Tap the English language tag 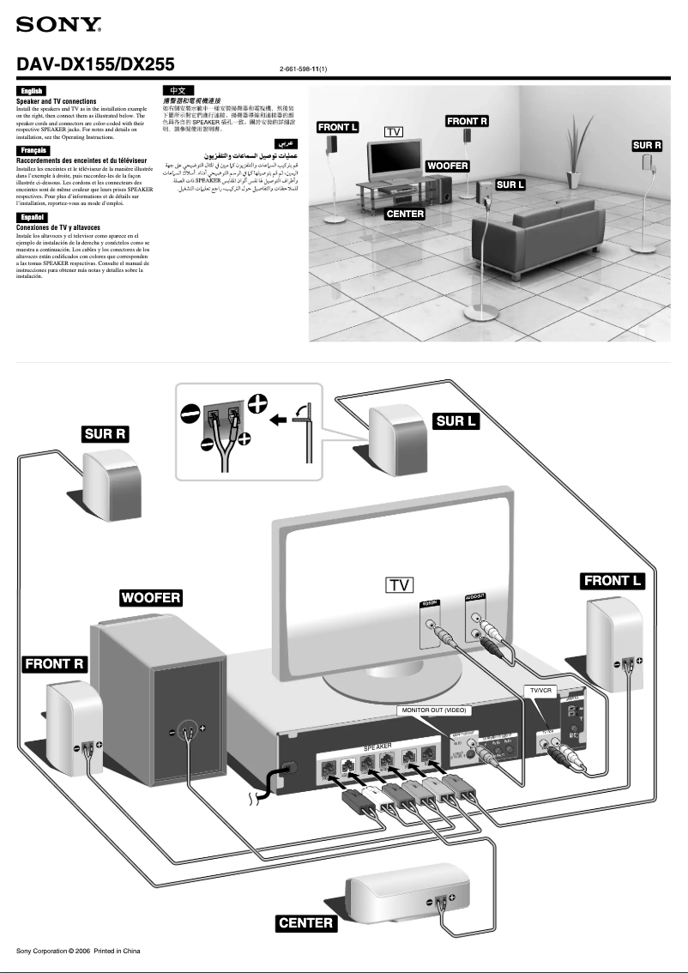click(31, 91)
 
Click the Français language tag click(33, 150)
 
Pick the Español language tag click(32, 217)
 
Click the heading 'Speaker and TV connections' click(57, 101)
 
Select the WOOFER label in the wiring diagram click(150, 597)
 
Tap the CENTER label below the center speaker click(306, 923)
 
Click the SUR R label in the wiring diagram click(106, 434)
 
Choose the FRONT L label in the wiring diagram click(613, 581)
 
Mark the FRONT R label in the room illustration click(467, 122)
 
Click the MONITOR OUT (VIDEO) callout click(434, 711)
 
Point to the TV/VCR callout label click(545, 690)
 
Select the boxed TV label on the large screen click(399, 585)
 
